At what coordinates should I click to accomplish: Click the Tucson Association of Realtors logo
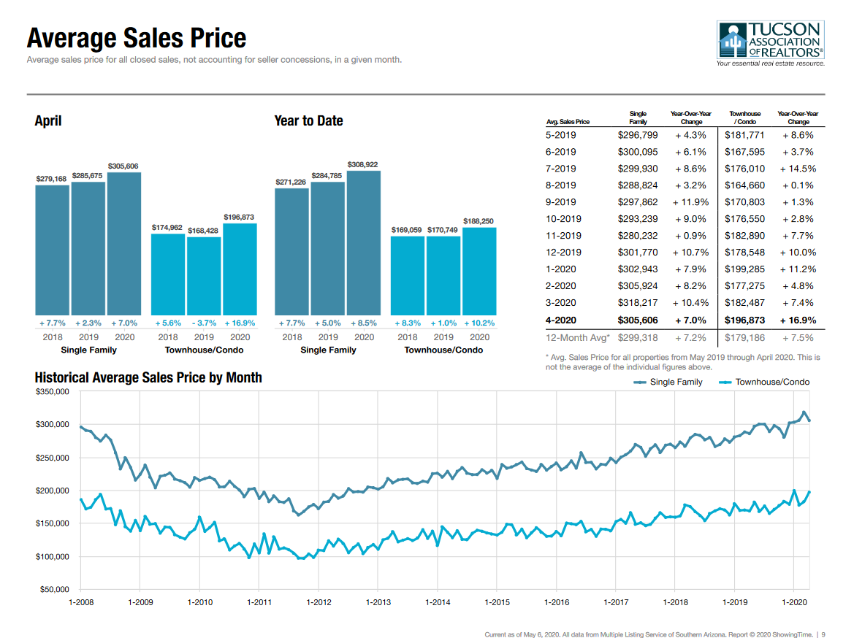pos(771,44)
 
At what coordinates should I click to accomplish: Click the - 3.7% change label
pos(204,323)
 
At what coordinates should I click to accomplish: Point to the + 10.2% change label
pos(479,323)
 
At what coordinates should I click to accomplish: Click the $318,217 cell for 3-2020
pos(638,303)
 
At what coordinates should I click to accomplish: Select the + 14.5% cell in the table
pos(798,169)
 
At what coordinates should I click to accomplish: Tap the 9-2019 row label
pos(561,202)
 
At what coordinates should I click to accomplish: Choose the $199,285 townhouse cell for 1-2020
pos(744,269)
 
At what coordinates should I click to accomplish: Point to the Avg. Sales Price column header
pos(568,122)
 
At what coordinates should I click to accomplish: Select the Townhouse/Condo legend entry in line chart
pos(764,382)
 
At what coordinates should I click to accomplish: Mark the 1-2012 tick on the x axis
pos(319,602)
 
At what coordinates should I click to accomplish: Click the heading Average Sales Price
pos(137,38)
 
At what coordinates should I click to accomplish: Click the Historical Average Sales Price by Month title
pos(148,377)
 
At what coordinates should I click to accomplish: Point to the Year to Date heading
pos(308,121)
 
